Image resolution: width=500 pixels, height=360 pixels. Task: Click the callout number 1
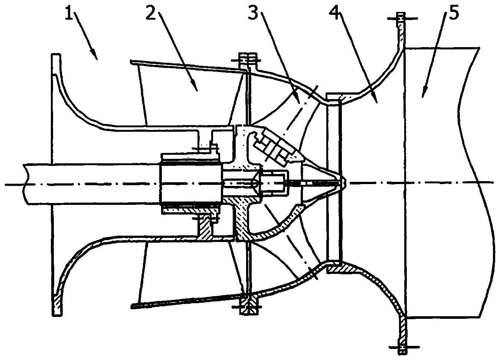[69, 13]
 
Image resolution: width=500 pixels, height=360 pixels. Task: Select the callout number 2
[151, 13]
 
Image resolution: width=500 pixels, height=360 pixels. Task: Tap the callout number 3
[253, 13]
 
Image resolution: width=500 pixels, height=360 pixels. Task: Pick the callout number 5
[454, 13]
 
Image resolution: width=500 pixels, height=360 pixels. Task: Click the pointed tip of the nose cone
[345, 183]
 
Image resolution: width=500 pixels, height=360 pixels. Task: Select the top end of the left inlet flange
[56, 55]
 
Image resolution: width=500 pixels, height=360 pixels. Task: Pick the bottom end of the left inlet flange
[57, 315]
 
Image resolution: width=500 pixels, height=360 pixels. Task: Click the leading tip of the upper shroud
[132, 61]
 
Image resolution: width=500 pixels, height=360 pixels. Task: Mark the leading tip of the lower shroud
[132, 307]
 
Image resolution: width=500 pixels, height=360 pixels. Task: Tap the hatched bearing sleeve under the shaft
[190, 210]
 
